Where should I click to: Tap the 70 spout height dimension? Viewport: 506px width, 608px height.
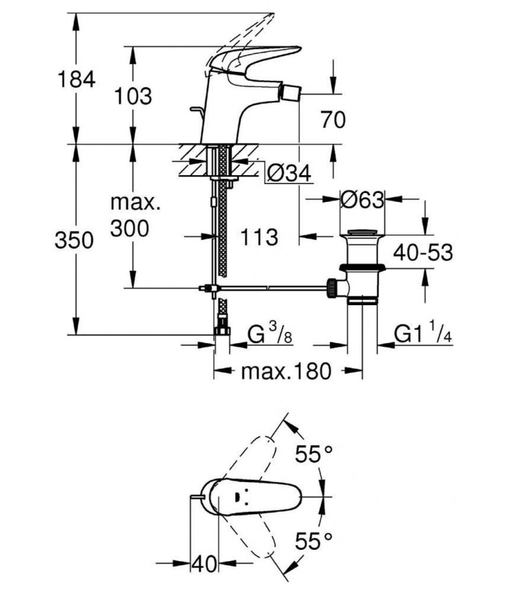333,120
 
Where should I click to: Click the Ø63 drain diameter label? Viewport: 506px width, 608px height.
362,199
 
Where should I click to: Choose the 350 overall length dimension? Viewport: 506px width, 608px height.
74,240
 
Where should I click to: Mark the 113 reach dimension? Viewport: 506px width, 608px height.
259,237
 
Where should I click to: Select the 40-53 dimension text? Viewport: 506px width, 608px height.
423,252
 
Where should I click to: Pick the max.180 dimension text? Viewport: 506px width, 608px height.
285,372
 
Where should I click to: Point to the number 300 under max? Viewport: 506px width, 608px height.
130,227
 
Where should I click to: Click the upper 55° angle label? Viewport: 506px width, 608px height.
314,455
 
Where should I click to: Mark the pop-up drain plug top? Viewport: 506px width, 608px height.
362,232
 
